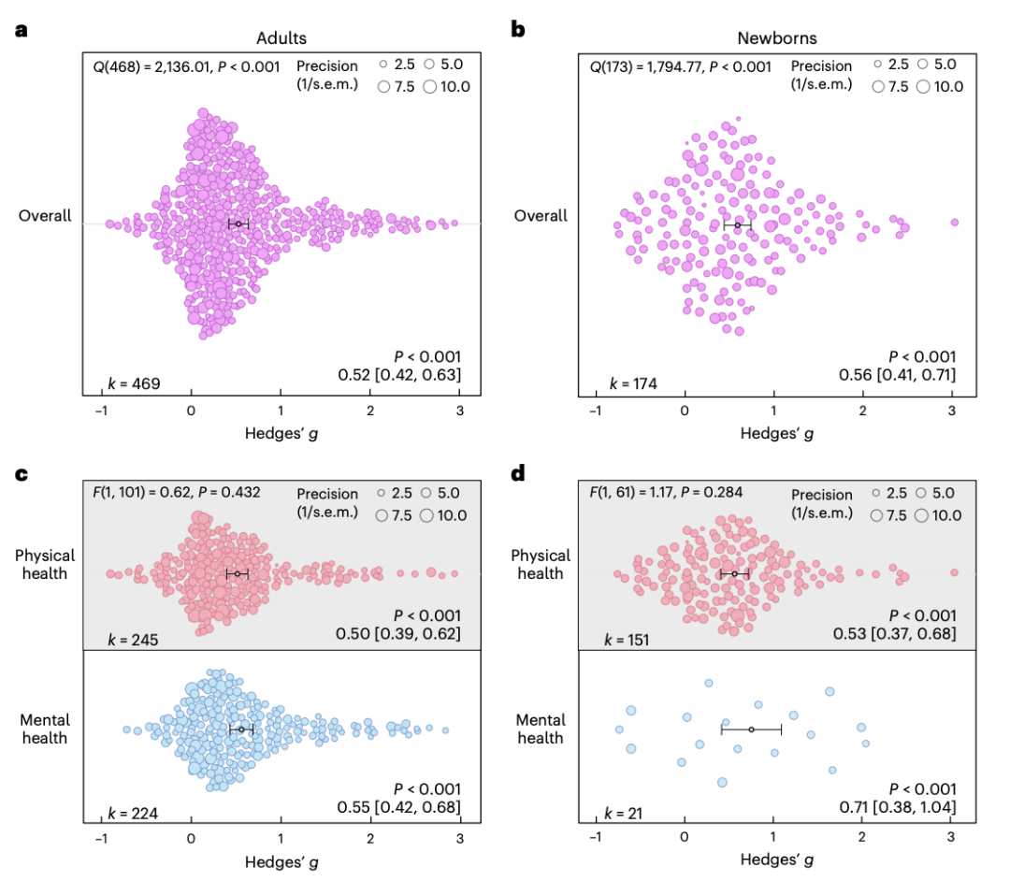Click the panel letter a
coord(21,31)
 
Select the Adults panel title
coord(282,38)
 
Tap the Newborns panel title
coord(775,38)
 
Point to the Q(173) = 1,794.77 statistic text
coord(680,66)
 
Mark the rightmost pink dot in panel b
coord(955,222)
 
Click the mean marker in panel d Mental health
coord(751,729)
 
